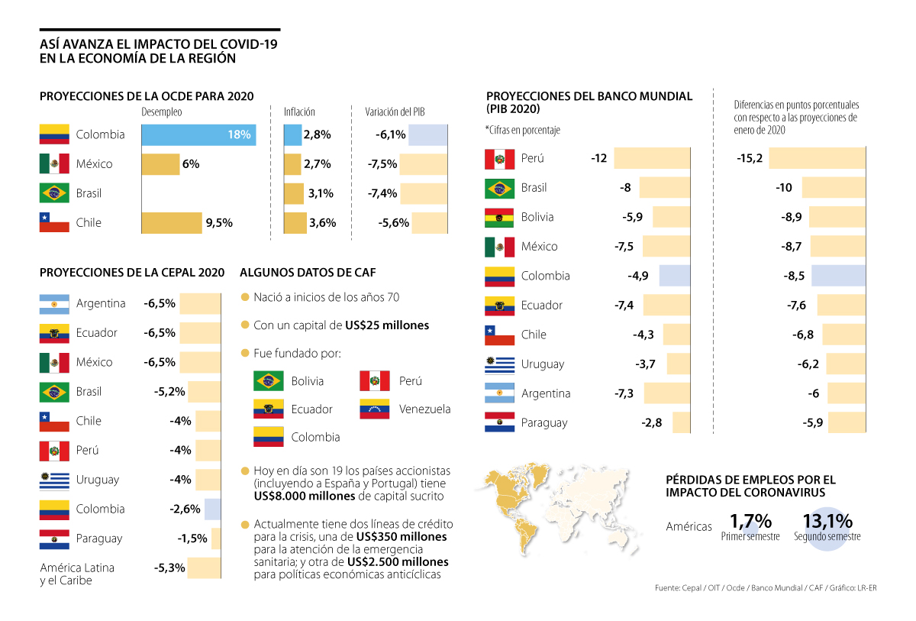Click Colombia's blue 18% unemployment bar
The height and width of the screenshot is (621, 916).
tap(198, 134)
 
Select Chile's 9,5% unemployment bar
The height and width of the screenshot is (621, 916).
tap(172, 223)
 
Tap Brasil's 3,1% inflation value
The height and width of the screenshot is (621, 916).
tap(321, 193)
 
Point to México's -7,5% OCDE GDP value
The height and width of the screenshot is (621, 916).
tap(382, 164)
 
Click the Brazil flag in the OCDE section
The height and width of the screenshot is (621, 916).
tap(54, 193)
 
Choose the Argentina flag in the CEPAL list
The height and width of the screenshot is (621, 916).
tap(54, 303)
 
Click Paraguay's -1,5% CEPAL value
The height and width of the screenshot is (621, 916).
tap(192, 539)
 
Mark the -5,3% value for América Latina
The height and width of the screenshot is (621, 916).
tap(169, 568)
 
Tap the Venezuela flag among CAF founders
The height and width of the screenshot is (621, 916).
tap(375, 409)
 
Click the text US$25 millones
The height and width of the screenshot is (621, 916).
tap(387, 325)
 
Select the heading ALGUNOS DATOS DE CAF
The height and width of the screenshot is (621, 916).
tap(308, 272)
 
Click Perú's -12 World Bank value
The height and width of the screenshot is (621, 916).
tap(598, 158)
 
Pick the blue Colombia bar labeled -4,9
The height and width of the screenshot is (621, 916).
tap(675, 276)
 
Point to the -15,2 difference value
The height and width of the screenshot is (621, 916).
tap(750, 158)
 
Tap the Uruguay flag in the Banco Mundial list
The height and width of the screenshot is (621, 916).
tap(499, 364)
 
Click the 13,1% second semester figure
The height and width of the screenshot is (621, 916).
tap(827, 521)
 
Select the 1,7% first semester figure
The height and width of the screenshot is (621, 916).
tap(750, 521)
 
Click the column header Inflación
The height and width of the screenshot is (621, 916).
tap(299, 112)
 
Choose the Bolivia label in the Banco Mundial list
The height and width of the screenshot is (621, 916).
tap(537, 217)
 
